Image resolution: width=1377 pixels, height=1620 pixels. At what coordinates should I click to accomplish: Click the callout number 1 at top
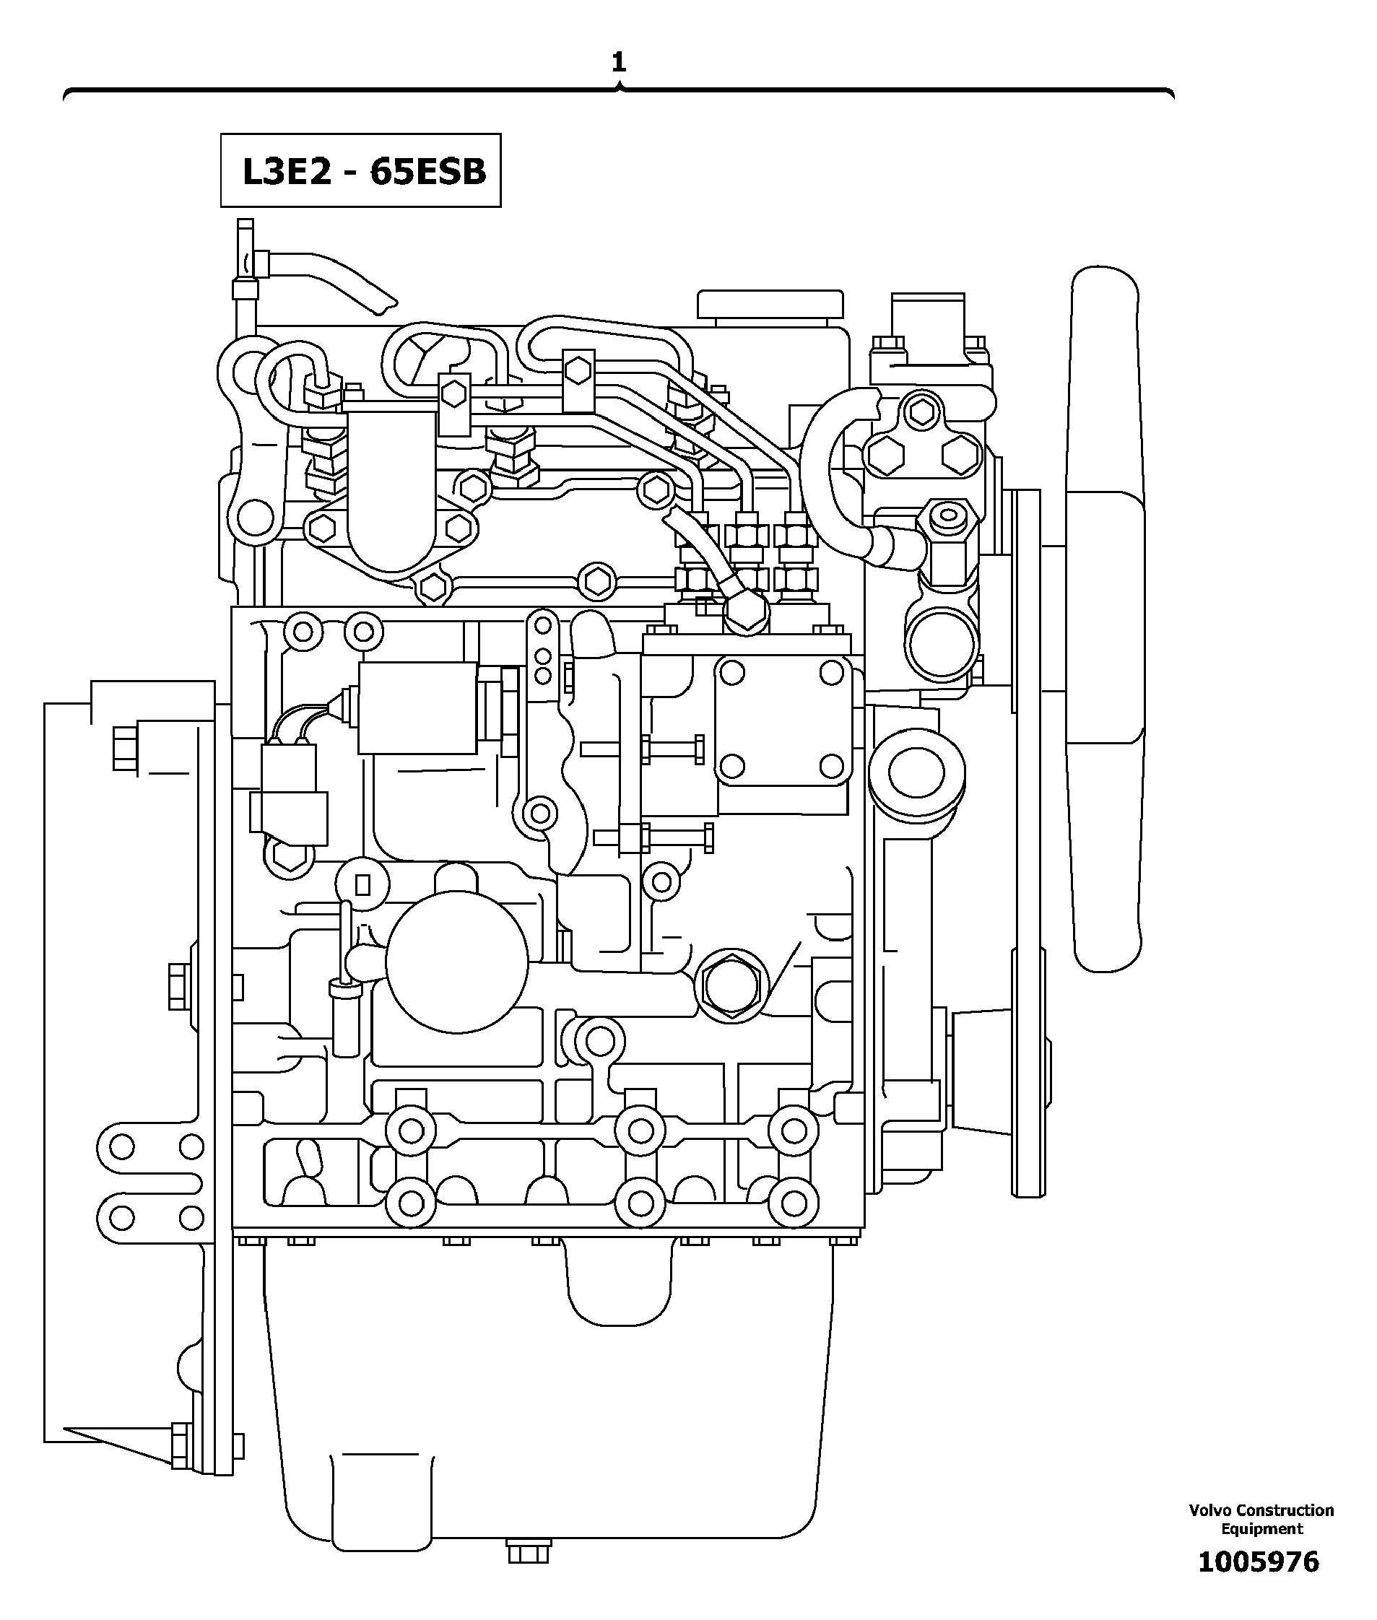pyautogui.click(x=618, y=62)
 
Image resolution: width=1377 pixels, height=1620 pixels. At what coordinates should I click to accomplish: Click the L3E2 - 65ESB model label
pyautogui.click(x=360, y=171)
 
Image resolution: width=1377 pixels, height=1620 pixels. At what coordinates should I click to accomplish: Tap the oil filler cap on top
pyautogui.click(x=770, y=305)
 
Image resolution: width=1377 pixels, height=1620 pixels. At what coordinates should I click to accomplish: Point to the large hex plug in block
pyautogui.click(x=731, y=985)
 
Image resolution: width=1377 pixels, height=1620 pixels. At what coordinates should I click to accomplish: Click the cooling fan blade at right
pyautogui.click(x=1106, y=617)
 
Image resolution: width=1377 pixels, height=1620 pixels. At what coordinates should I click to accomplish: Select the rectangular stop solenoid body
pyautogui.click(x=417, y=707)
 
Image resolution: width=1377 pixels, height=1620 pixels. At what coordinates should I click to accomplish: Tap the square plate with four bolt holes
pyautogui.click(x=782, y=719)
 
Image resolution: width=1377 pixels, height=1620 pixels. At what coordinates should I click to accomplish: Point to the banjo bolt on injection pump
pyautogui.click(x=745, y=611)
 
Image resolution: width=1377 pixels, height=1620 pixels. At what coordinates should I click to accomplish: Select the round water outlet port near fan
pyautogui.click(x=940, y=646)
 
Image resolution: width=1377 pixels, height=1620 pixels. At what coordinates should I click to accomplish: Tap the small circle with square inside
pyautogui.click(x=362, y=884)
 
